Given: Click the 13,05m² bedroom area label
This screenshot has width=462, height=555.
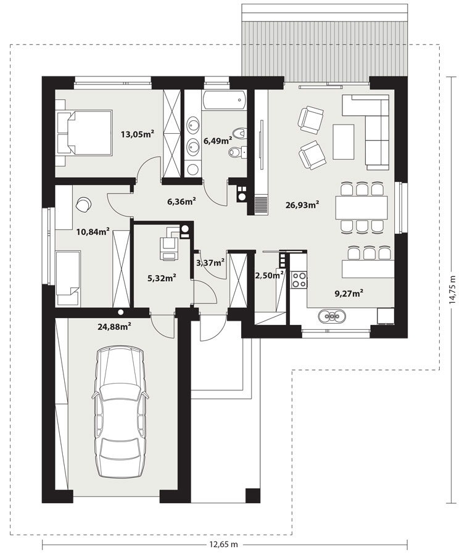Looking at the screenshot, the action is (138, 134).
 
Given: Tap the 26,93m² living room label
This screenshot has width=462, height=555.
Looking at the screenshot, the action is (303, 204).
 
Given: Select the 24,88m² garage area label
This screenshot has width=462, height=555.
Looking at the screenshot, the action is (115, 326).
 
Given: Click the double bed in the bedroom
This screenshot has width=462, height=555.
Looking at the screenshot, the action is (85, 133).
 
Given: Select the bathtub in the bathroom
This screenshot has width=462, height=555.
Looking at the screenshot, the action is (224, 99).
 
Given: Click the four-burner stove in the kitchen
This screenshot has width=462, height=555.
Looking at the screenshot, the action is (299, 279).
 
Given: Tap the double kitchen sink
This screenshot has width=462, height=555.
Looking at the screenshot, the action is (331, 316).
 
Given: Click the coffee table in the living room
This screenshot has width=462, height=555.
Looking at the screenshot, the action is (344, 142).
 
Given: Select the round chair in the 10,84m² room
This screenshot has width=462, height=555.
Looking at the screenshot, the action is (84, 204).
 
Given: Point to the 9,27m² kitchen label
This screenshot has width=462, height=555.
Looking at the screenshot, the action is (349, 293).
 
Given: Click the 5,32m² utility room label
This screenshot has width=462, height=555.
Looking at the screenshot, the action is (162, 278).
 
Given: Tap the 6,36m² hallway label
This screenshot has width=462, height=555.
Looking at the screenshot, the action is (181, 202).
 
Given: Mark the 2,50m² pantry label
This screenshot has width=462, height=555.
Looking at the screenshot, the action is (269, 275).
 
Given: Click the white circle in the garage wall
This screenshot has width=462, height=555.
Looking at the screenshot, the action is (121, 312).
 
